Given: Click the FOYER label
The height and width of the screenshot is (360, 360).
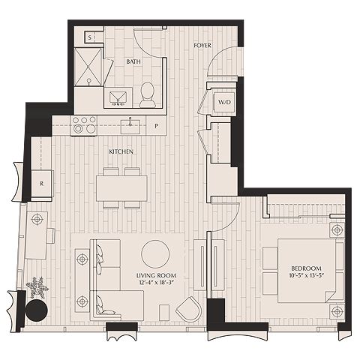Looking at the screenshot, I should pyautogui.click(x=202, y=46).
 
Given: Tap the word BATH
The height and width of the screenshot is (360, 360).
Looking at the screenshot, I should pyautogui.click(x=133, y=61).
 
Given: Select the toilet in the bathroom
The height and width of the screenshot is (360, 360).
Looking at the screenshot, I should pyautogui.click(x=147, y=92).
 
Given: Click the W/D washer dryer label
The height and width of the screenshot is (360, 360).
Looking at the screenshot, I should pyautogui.click(x=224, y=101).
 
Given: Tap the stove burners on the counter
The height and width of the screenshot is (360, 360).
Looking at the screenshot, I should pyautogui.click(x=82, y=124).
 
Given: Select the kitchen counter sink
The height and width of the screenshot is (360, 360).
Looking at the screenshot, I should pyautogui.click(x=130, y=122).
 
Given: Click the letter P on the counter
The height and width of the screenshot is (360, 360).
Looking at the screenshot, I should pyautogui.click(x=157, y=125).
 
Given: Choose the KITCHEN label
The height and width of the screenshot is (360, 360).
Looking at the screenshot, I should pyautogui.click(x=121, y=151).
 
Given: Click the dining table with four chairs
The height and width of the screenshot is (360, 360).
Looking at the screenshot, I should pyautogui.click(x=121, y=187).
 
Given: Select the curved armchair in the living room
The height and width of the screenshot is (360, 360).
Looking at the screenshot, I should pyautogui.click(x=189, y=308).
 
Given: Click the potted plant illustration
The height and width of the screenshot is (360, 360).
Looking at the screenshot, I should pyautogui.click(x=35, y=287).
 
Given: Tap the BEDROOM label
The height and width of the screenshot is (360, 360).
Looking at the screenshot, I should pyautogui.click(x=305, y=268).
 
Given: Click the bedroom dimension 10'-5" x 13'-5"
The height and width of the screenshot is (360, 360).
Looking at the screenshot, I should pyautogui.click(x=305, y=277).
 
